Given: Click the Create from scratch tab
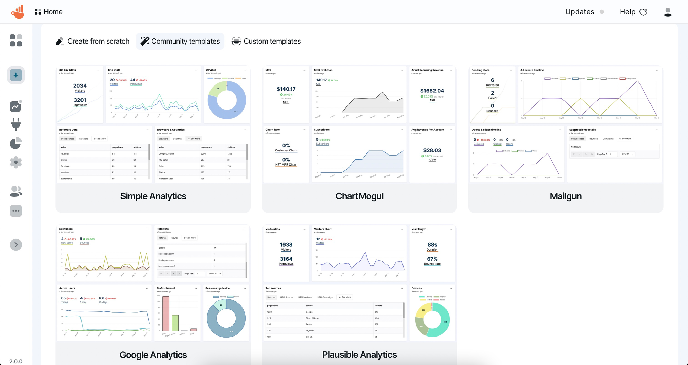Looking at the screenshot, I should (x=93, y=41).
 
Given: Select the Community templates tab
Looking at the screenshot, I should (x=180, y=41).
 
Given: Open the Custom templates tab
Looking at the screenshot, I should (x=266, y=41).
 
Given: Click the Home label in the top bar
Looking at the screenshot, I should (x=53, y=12).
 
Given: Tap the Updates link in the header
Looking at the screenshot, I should (x=580, y=12).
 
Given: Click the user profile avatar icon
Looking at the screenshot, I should (x=668, y=12).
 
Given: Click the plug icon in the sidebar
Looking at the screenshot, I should (x=16, y=124).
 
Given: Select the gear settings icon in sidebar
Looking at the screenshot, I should (x=16, y=162).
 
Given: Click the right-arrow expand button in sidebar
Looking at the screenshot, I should (x=16, y=245).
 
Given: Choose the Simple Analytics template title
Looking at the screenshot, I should (x=153, y=196).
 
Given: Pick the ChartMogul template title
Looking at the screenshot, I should (x=359, y=196).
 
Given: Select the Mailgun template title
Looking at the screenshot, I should (x=566, y=196).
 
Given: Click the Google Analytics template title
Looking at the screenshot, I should (x=153, y=355).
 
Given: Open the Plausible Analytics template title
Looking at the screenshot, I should (x=359, y=355).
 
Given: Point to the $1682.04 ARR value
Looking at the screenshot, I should (x=432, y=91).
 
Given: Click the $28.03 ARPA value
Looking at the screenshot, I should (x=432, y=150).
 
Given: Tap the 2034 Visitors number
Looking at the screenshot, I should (x=80, y=86).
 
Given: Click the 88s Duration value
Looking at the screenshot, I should (x=432, y=245).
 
